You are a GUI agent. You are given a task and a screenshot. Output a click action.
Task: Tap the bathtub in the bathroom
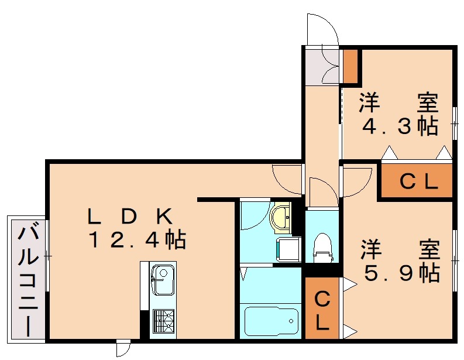click(270, 320)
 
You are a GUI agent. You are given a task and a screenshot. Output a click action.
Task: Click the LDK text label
click(129, 217)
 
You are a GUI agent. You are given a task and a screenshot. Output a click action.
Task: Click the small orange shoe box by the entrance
click(350, 67)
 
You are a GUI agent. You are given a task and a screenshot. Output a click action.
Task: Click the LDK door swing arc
click(287, 179)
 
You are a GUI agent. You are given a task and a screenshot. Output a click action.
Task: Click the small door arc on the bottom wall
click(123, 349)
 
